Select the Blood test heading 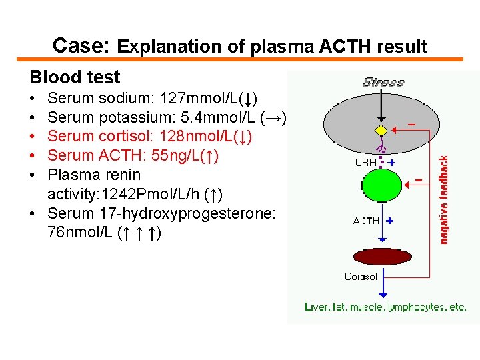pyautogui.click(x=75, y=77)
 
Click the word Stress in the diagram pyautogui.click(x=383, y=82)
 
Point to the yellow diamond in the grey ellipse pyautogui.click(x=381, y=130)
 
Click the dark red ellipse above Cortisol pyautogui.click(x=382, y=257)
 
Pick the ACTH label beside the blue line pyautogui.click(x=366, y=221)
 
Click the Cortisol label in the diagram pyautogui.click(x=361, y=277)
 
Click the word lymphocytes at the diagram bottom pyautogui.click(x=407, y=307)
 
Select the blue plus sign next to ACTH pyautogui.click(x=389, y=220)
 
